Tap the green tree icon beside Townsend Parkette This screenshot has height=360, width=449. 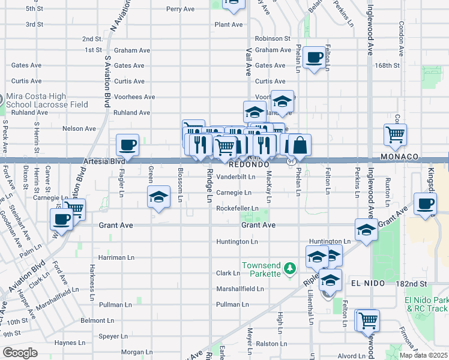point(291,268)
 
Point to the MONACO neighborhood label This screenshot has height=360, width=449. point(399,157)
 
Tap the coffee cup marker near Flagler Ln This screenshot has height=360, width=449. point(128,145)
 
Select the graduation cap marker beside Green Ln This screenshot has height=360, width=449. point(158,197)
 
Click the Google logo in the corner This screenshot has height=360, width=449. point(20,353)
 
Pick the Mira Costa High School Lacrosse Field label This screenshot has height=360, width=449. point(47,100)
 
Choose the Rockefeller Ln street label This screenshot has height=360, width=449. point(237,208)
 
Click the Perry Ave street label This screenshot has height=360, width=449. point(181,9)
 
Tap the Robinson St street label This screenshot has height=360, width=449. point(273,38)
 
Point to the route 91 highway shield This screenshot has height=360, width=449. point(291,161)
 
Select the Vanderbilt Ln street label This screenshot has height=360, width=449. point(236,177)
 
